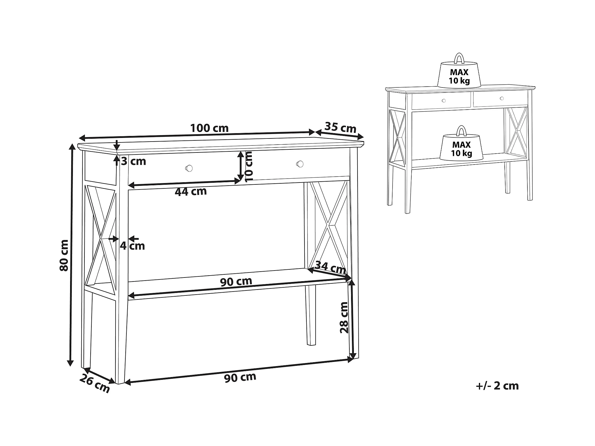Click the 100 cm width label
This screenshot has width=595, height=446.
pyautogui.click(x=209, y=128)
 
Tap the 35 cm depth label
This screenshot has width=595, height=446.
pyautogui.click(x=340, y=128)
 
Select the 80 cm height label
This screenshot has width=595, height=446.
pyautogui.click(x=64, y=255)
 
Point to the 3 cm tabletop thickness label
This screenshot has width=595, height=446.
pyautogui.click(x=133, y=161)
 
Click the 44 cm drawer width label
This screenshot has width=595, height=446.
pyautogui.click(x=191, y=192)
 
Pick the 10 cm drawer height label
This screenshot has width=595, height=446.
pyautogui.click(x=249, y=167)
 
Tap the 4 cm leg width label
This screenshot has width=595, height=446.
pyautogui.click(x=132, y=246)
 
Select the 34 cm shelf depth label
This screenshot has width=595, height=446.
pyautogui.click(x=330, y=267)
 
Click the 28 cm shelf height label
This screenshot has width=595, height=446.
pyautogui.click(x=344, y=318)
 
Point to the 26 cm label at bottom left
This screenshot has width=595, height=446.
pyautogui.click(x=95, y=384)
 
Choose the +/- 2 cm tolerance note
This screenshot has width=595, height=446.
pyautogui.click(x=497, y=386)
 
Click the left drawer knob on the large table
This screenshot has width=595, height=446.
pyautogui.click(x=189, y=168)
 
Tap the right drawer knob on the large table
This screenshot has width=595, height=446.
pyautogui.click(x=300, y=164)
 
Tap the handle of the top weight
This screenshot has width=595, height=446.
pyautogui.click(x=459, y=58)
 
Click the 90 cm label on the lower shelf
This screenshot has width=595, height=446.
pyautogui.click(x=236, y=281)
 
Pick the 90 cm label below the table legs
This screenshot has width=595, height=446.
pyautogui.click(x=240, y=377)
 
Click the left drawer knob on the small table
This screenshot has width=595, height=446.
pyautogui.click(x=444, y=100)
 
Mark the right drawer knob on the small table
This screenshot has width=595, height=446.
pyautogui.click(x=502, y=98)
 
